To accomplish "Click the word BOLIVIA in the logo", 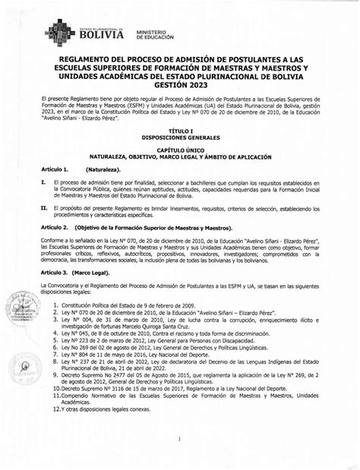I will (x=102, y=34).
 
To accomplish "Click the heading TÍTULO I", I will (x=179, y=131).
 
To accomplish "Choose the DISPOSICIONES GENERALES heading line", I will (x=179, y=137).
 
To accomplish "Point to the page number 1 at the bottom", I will (x=180, y=439).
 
